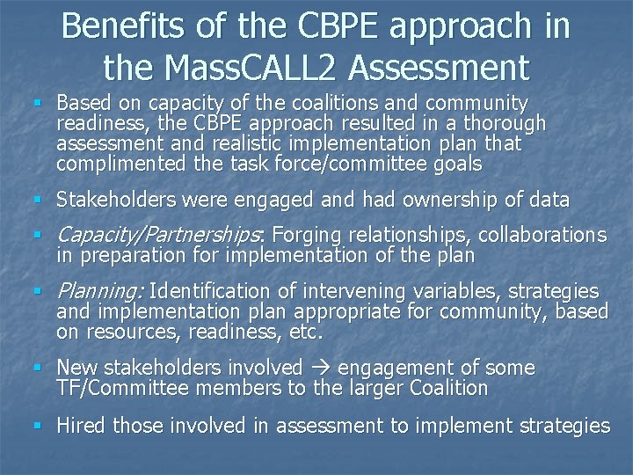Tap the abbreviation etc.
308,332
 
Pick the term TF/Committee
118,388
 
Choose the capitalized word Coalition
448,388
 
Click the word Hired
80,426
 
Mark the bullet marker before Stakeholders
37,201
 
